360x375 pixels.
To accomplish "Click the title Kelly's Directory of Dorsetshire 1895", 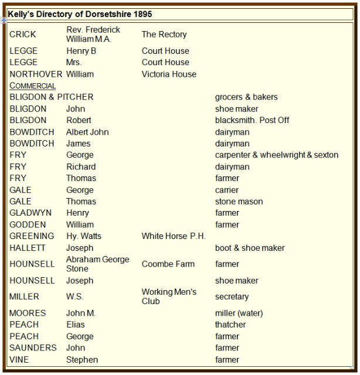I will (80, 13).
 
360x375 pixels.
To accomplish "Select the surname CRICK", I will (22, 35).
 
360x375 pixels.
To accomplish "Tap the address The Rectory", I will (164, 35).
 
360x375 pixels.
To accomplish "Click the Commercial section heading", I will (33, 86).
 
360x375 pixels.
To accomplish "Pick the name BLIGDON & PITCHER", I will (51, 97).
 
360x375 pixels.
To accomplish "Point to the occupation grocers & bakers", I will (246, 97).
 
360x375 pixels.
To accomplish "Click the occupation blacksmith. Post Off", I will (252, 120).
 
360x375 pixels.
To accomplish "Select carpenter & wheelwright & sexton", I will (277, 155).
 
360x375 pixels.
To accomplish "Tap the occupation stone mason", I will (239, 202).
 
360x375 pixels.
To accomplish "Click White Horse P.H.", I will (174, 236).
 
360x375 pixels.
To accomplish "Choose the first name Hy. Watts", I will (83, 236).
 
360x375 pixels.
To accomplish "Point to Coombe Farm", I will (168, 264).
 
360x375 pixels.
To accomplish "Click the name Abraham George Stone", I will (97, 264).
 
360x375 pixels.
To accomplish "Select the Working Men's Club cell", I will (169, 296).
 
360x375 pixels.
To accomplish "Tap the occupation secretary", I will (232, 297).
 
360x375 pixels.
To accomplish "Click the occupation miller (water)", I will (239, 313).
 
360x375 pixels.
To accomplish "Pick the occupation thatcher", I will (230, 325).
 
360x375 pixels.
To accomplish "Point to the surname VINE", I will (19, 360).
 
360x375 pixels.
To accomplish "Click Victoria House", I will (169, 74).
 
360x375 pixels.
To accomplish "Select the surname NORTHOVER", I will (36, 74).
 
